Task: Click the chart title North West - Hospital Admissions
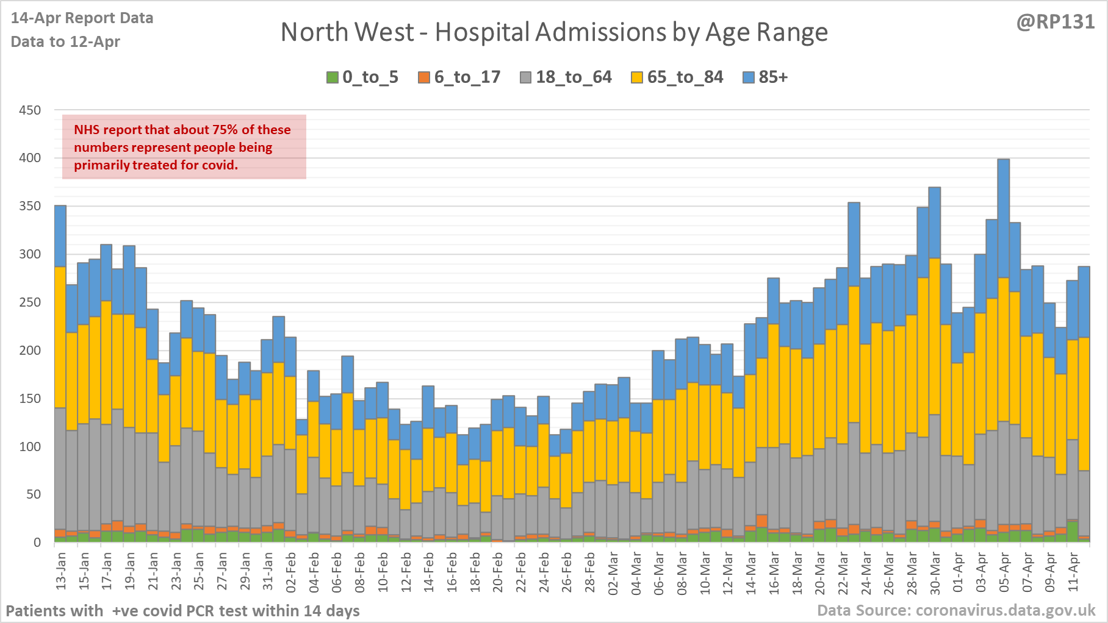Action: (x=554, y=32)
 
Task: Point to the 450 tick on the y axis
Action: (x=30, y=110)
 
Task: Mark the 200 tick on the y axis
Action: (x=30, y=351)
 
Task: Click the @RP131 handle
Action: (x=1056, y=22)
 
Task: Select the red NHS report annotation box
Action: (x=184, y=147)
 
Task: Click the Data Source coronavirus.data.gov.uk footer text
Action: (x=956, y=610)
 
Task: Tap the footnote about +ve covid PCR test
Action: (x=182, y=610)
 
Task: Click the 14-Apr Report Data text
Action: (x=82, y=18)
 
